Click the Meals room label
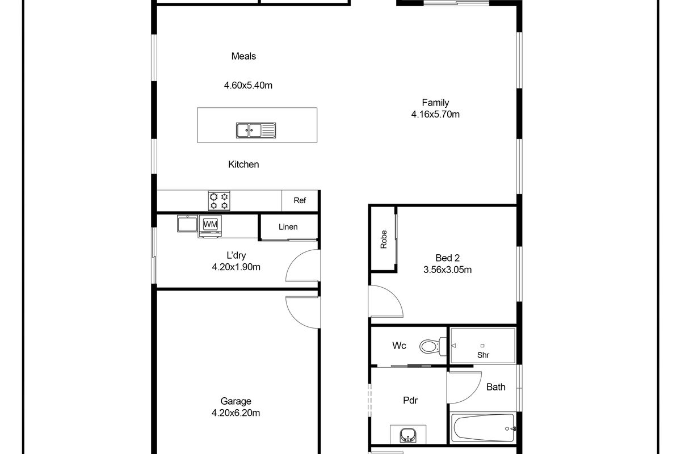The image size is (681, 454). pyautogui.click(x=243, y=56)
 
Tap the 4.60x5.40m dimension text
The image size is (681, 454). pyautogui.click(x=248, y=86)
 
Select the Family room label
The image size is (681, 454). pyautogui.click(x=435, y=103)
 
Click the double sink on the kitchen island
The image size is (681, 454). pyautogui.click(x=255, y=131)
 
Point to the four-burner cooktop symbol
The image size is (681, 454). pyautogui.click(x=219, y=200)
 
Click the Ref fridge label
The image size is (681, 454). pyautogui.click(x=300, y=200)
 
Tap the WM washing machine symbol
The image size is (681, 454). pyautogui.click(x=211, y=225)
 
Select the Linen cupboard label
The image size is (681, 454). pyautogui.click(x=288, y=227)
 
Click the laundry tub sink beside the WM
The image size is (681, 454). pyautogui.click(x=186, y=224)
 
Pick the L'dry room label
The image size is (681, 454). pyautogui.click(x=236, y=255)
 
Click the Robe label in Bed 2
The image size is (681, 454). pyautogui.click(x=384, y=239)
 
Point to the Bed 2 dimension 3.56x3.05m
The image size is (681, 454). pyautogui.click(x=447, y=270)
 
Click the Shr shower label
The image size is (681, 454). pyautogui.click(x=483, y=355)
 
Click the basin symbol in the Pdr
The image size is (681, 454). pyautogui.click(x=407, y=436)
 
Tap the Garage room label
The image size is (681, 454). pyautogui.click(x=236, y=401)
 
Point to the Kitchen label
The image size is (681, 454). pyautogui.click(x=243, y=165)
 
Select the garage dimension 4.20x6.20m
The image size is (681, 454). pyautogui.click(x=236, y=413)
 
